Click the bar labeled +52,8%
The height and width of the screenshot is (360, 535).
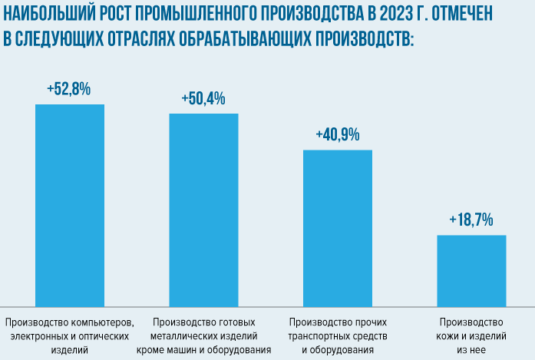pos(70,203)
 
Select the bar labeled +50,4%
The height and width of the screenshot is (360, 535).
pos(203,209)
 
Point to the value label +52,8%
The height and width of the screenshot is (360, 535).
pos(69,89)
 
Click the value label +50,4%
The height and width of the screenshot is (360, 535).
pos(203,99)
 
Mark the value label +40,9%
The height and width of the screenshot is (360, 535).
pos(338,135)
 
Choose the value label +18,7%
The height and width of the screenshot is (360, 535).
pos(471,220)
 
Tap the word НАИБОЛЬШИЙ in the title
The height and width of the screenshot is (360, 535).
pos(45,15)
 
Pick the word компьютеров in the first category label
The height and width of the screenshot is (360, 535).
pos(104,321)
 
